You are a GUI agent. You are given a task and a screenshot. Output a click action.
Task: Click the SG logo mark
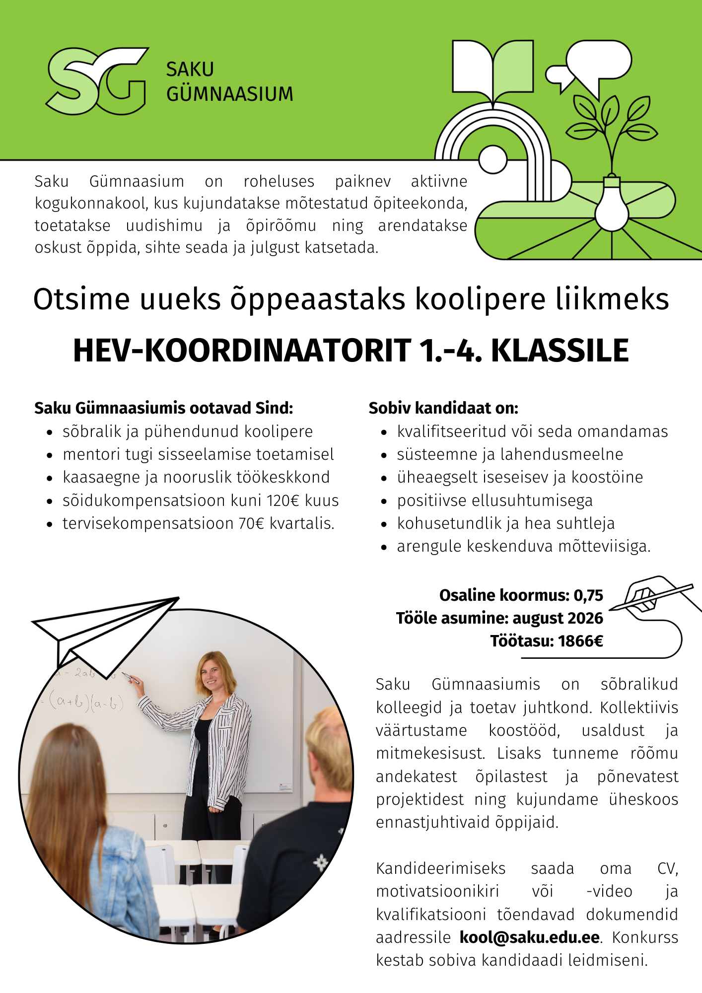tap(97, 80)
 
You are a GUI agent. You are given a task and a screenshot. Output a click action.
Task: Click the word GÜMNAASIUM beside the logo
tap(229, 94)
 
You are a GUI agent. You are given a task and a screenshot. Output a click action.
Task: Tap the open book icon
tap(493, 67)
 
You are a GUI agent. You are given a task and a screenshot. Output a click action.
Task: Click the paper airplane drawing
tap(104, 631)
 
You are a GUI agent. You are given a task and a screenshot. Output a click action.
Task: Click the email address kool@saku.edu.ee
tap(530, 937)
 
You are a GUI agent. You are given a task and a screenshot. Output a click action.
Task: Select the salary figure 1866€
tap(580, 641)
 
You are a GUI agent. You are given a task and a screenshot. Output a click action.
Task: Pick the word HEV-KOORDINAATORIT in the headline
tap(242, 351)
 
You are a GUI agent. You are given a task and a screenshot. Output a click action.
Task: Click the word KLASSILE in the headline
tap(560, 351)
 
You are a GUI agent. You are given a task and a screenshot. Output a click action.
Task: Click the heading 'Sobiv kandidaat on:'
tap(443, 408)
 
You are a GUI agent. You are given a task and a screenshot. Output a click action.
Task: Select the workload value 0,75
tap(588, 595)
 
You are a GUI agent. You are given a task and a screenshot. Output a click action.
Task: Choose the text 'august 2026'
tap(558, 618)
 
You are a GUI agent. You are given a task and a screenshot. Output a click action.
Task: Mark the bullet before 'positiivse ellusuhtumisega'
tap(384, 501)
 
